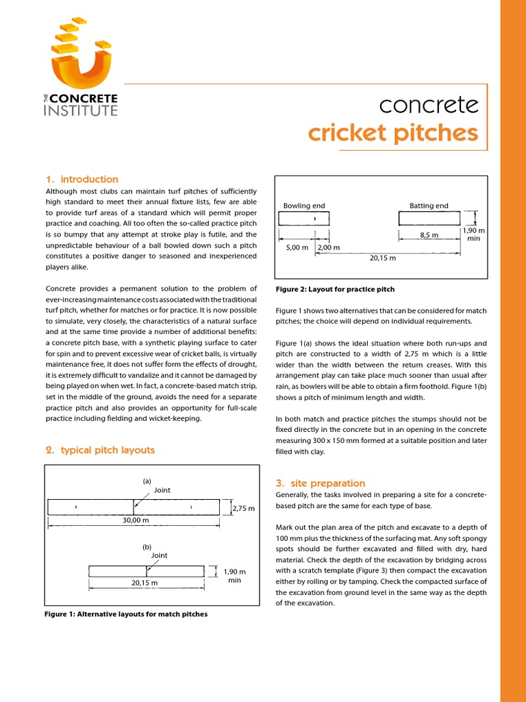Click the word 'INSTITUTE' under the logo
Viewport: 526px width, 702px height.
point(80,110)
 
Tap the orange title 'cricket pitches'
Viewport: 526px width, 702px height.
point(392,132)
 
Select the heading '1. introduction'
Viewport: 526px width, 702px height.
point(82,180)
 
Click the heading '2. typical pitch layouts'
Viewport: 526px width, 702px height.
point(100,450)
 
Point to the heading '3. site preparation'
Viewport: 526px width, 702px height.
point(320,483)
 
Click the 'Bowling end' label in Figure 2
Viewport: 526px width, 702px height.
point(304,206)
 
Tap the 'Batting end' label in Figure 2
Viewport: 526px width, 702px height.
point(429,206)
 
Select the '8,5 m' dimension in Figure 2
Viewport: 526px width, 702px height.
point(429,234)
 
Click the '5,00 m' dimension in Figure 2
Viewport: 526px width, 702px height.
point(297,247)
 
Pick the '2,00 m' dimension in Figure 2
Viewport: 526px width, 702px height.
point(329,247)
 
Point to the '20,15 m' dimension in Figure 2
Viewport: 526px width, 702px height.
point(382,258)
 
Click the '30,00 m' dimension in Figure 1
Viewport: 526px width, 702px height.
point(135,520)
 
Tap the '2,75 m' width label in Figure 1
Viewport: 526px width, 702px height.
point(244,509)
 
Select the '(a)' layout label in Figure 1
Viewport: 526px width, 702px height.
point(147,481)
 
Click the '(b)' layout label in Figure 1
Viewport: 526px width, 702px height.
point(147,547)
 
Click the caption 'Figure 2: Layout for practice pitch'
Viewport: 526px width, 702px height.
point(334,289)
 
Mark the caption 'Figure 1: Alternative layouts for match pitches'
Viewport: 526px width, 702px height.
point(126,614)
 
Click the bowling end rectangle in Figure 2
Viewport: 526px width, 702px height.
point(303,219)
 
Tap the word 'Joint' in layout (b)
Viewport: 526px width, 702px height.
point(159,556)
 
